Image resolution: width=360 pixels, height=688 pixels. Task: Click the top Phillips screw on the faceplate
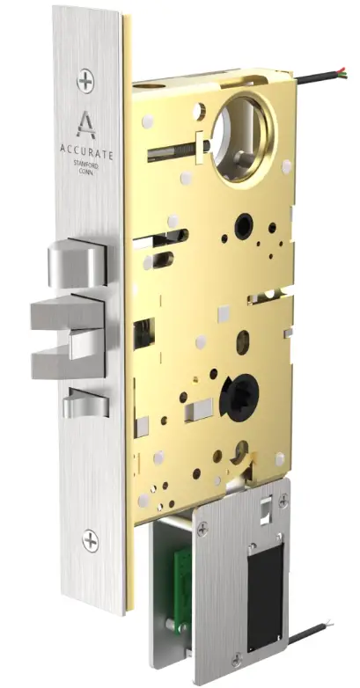(85, 82)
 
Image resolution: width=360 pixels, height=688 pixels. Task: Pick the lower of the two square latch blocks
(66, 361)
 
